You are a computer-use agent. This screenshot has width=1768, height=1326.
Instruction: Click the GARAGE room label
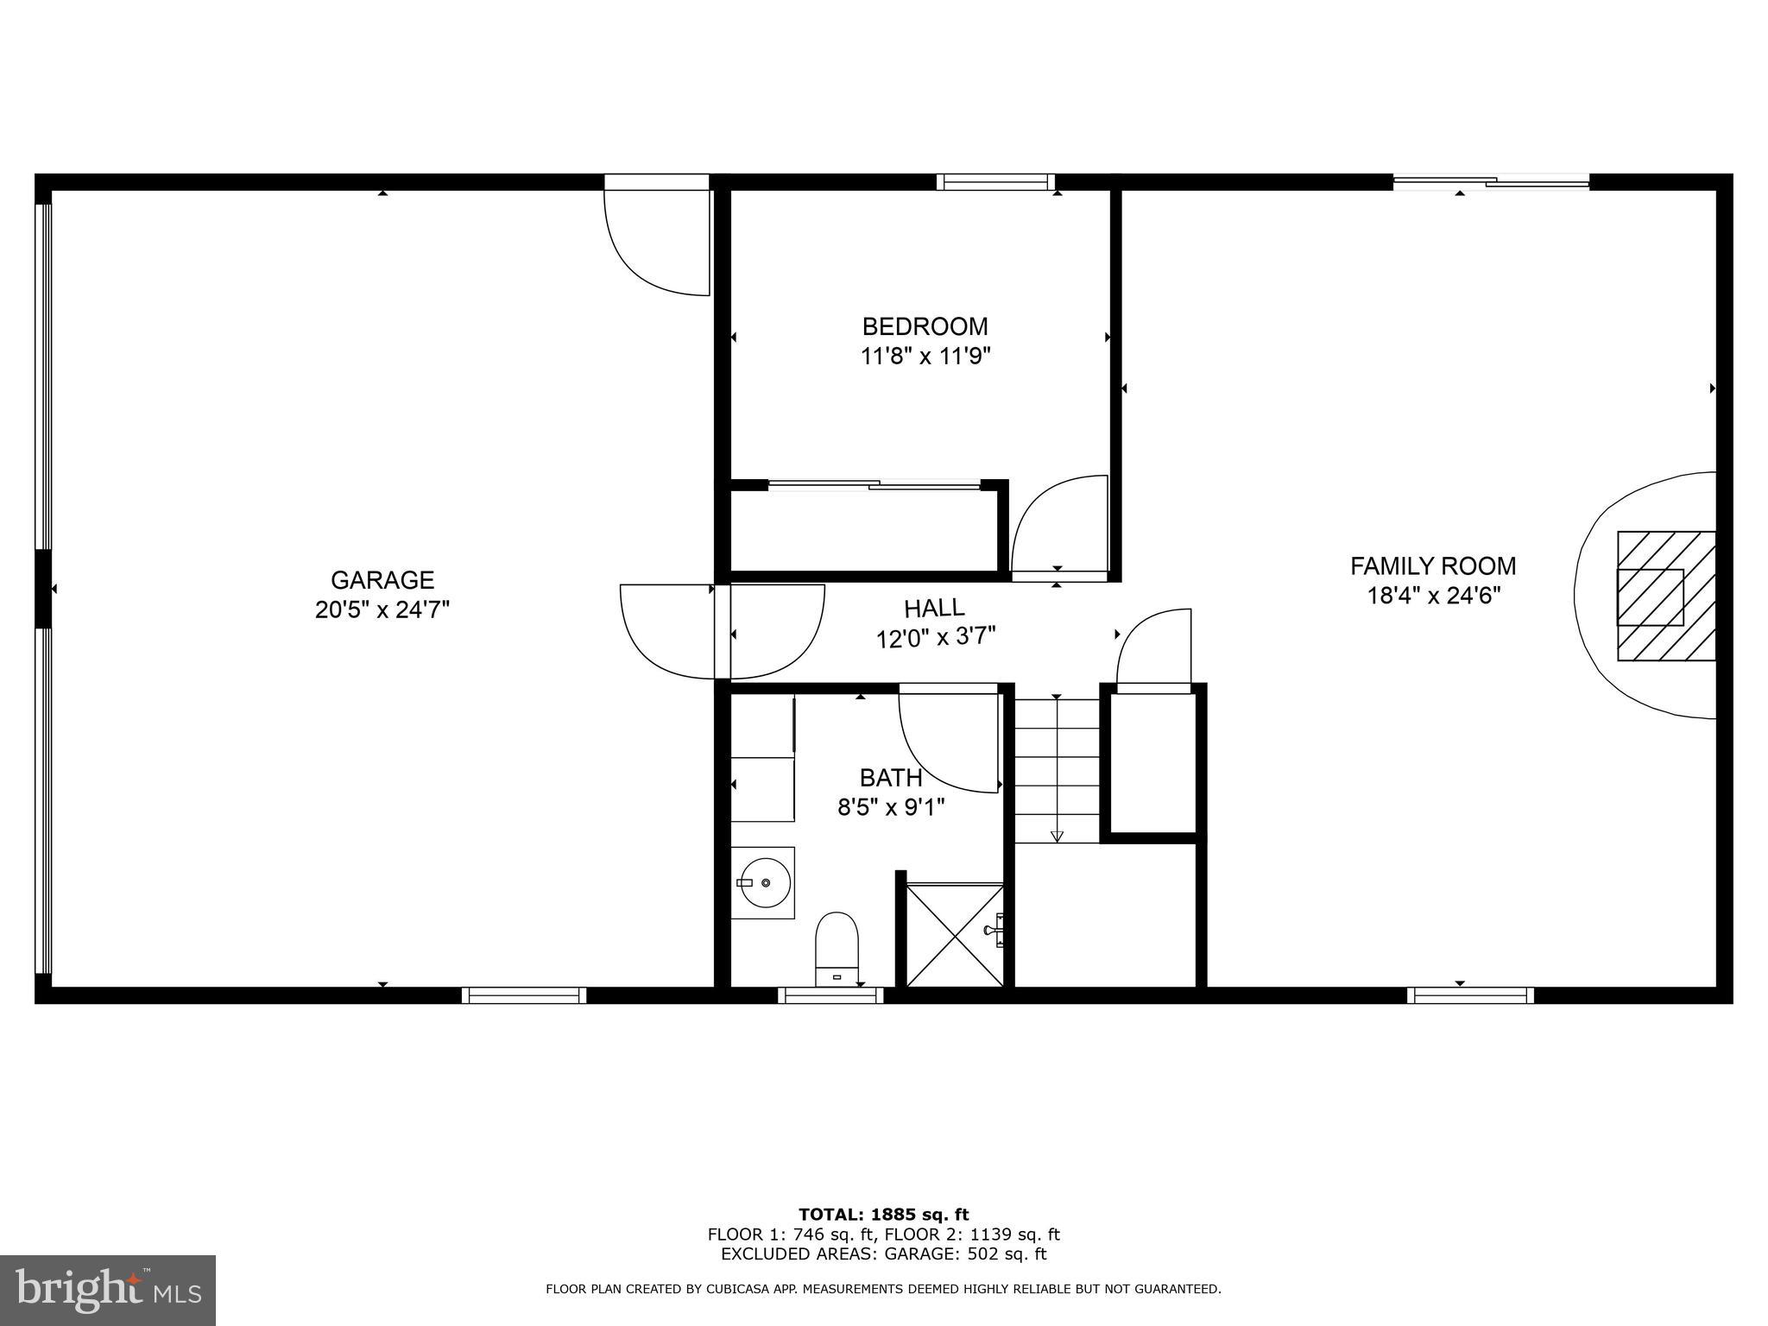point(382,579)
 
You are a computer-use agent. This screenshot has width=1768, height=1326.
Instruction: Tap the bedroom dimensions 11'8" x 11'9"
point(925,357)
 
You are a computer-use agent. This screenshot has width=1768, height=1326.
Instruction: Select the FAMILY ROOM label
point(1432,566)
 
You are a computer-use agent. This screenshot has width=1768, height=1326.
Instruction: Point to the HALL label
point(934,609)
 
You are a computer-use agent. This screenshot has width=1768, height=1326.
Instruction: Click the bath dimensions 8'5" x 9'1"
point(891,808)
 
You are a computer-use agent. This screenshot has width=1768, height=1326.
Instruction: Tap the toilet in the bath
point(837,947)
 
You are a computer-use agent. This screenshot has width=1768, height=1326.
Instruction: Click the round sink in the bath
point(764,882)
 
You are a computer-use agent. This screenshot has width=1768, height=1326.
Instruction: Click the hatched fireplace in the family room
point(1665,596)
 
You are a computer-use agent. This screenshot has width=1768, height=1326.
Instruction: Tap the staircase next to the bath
point(1056,770)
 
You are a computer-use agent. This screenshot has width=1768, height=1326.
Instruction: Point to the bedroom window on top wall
point(996,182)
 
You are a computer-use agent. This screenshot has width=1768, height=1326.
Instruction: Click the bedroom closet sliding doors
point(874,486)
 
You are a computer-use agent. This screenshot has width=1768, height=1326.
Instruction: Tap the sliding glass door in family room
point(1491,182)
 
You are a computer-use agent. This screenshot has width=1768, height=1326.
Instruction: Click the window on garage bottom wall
point(523,995)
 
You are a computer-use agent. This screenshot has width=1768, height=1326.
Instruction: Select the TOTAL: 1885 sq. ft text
point(883,1215)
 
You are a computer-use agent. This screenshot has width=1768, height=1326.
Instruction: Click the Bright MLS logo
point(108,1290)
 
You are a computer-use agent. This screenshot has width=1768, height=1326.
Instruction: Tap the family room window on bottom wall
point(1470,995)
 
